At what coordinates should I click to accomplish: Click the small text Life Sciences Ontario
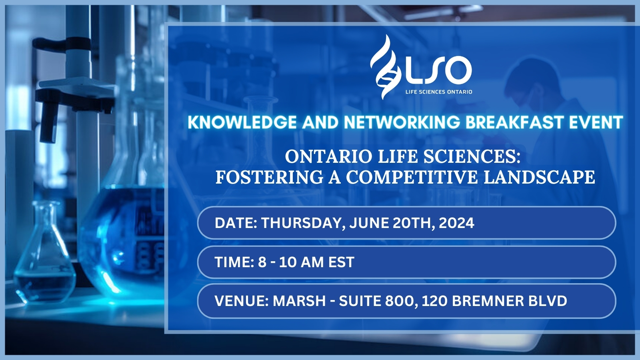[x=439, y=92]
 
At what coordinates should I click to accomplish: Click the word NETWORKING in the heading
[x=402, y=122]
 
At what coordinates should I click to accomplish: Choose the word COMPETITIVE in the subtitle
[x=412, y=177]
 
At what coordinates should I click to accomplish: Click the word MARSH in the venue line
[x=300, y=300]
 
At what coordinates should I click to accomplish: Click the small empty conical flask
[x=44, y=252]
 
